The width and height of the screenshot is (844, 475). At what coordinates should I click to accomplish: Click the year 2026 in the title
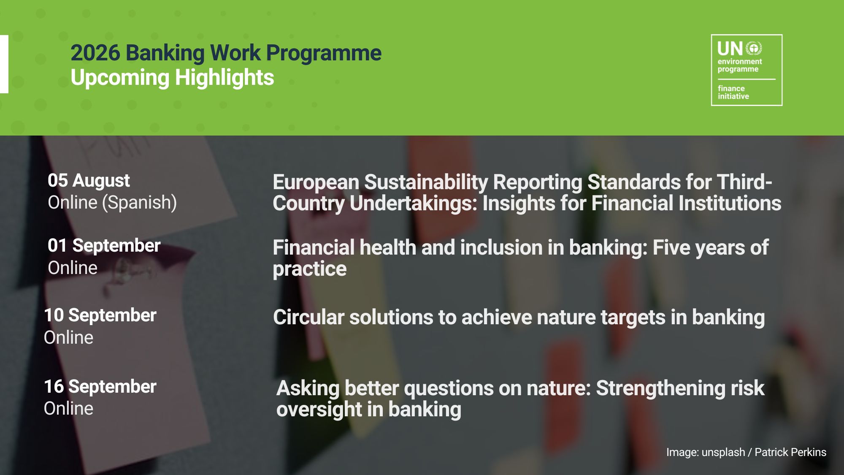[x=95, y=53]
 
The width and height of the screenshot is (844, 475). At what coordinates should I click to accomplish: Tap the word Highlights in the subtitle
[x=225, y=79]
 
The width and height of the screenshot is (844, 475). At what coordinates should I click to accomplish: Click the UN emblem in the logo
[x=754, y=48]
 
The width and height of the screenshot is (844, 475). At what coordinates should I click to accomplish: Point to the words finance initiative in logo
[x=733, y=92]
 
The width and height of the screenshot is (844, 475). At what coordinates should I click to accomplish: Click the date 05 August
[x=89, y=181]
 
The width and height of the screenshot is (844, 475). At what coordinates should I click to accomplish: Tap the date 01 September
[x=104, y=246]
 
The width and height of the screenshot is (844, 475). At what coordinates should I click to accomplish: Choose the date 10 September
[x=100, y=315]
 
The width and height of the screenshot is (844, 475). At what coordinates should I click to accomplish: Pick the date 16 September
[x=100, y=387]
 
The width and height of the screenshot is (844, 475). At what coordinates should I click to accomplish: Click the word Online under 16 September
[x=68, y=409]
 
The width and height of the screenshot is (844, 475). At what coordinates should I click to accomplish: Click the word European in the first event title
[x=316, y=182]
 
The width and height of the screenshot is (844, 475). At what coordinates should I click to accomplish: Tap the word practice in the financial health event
[x=310, y=269]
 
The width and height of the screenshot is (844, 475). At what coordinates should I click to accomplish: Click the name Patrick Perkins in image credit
[x=790, y=452]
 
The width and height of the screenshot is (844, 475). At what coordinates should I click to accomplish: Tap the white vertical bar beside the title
[x=4, y=64]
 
